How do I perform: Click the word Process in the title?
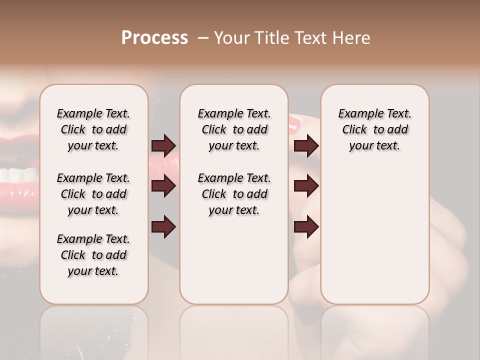(154, 38)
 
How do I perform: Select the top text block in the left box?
(93, 129)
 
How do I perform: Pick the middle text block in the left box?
(93, 194)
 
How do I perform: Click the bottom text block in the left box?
(93, 255)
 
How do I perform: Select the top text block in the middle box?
(234, 129)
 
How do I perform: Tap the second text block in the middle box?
(234, 194)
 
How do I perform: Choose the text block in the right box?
(374, 129)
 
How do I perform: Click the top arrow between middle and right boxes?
(306, 145)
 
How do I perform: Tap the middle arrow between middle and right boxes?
(306, 186)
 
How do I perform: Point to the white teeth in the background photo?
(20, 175)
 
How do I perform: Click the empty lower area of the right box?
(374, 240)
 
